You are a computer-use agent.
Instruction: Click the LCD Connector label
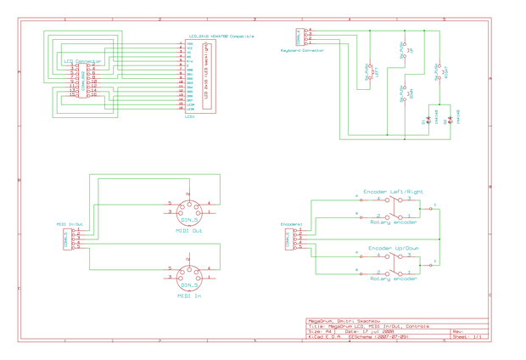82,61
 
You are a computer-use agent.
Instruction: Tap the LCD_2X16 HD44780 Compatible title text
221,37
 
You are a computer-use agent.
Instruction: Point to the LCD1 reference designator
190,116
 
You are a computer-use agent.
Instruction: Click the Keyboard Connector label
302,51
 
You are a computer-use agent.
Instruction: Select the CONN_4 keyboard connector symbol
299,37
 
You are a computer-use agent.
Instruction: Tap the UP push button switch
405,50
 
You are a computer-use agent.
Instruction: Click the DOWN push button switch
405,94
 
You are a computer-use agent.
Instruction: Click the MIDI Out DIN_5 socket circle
189,210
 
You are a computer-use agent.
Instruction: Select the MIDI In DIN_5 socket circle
189,276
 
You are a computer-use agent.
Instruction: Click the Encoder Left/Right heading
393,192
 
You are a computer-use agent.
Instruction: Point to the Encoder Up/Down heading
393,249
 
